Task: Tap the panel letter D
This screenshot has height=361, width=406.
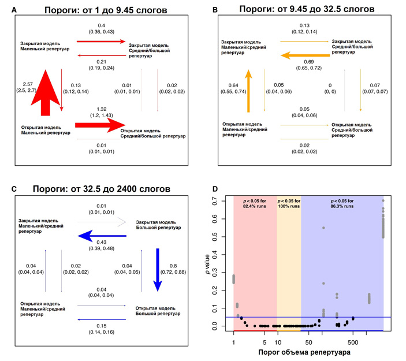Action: click(216, 189)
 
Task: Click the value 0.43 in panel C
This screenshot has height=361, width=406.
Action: click(100, 241)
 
